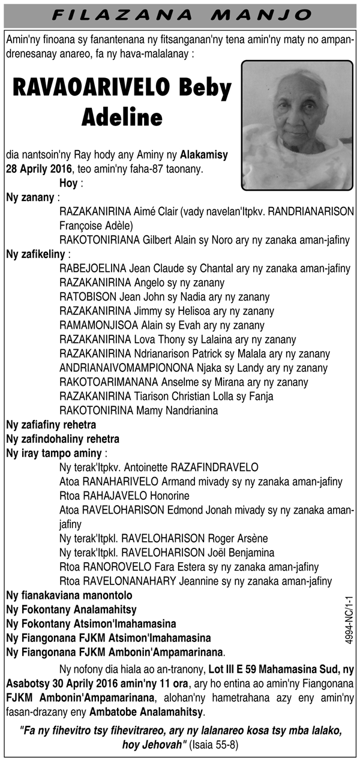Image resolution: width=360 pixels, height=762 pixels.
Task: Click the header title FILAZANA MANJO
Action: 180,14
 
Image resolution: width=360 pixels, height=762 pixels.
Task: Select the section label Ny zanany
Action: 29,197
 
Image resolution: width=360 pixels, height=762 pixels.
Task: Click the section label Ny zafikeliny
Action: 34,254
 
